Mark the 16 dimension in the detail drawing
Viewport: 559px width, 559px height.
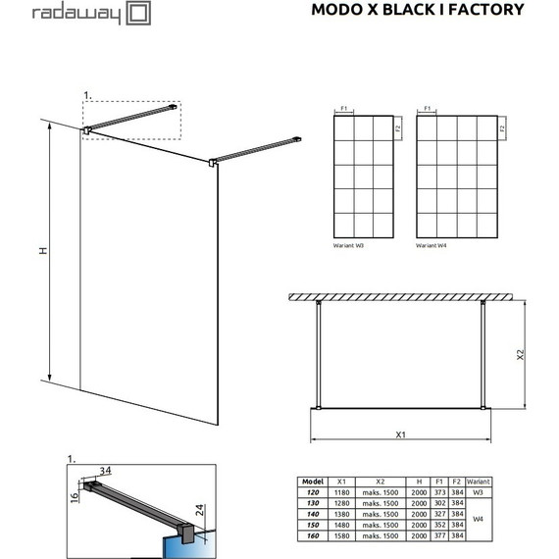73,499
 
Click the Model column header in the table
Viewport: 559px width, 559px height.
313,482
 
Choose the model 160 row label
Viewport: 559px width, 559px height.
313,536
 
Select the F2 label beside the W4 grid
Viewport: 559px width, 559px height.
501,128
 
